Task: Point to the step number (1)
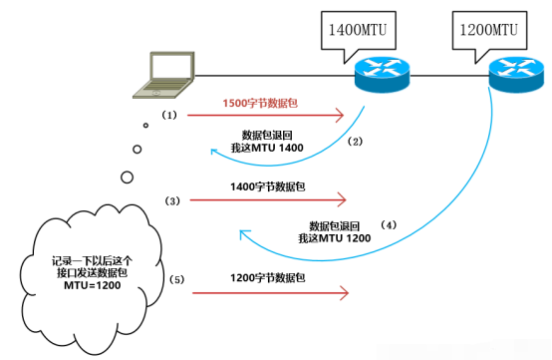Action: click(170, 116)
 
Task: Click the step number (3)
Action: click(171, 200)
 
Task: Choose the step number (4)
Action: click(389, 225)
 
